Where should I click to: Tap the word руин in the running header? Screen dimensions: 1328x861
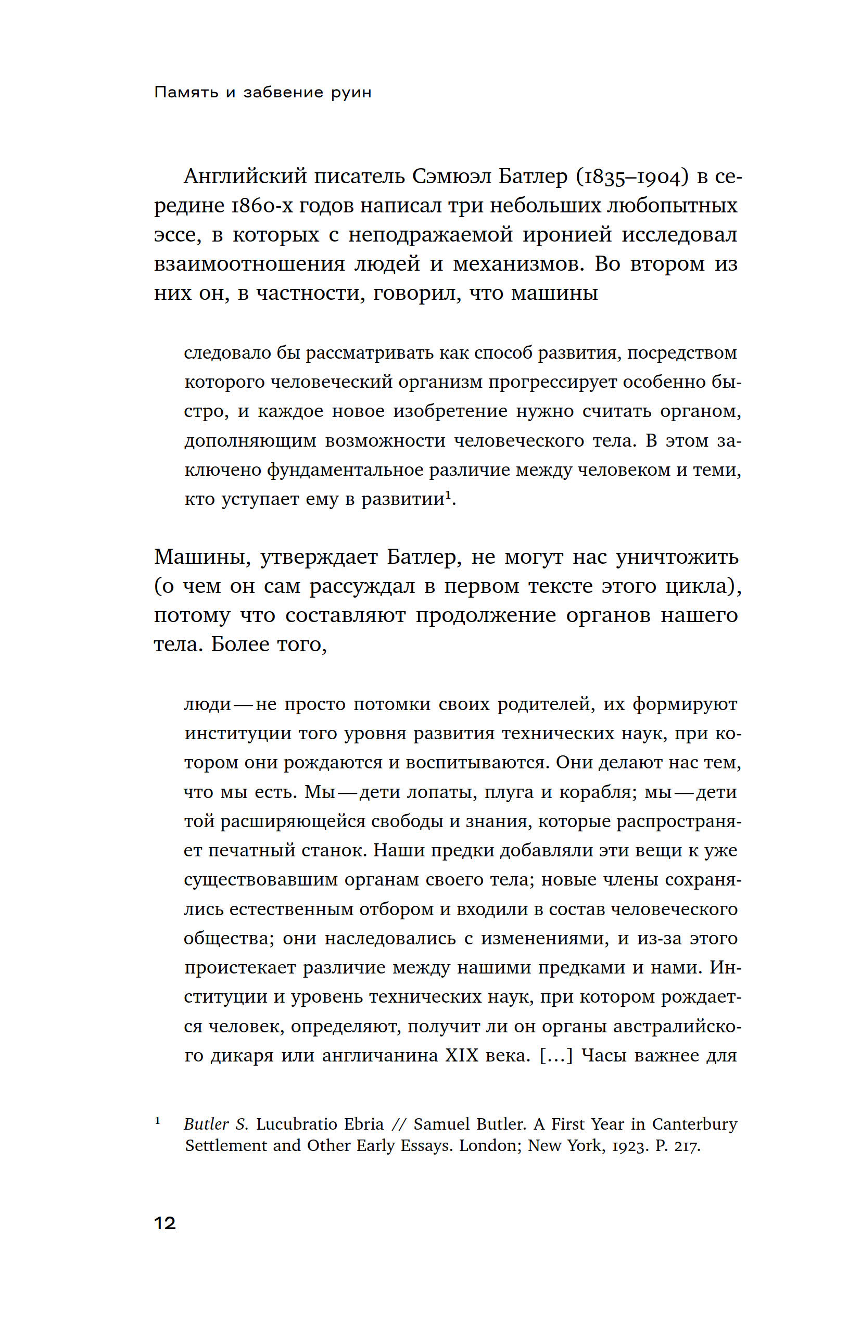(x=351, y=92)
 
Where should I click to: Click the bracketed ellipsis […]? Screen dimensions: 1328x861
(x=556, y=1055)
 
